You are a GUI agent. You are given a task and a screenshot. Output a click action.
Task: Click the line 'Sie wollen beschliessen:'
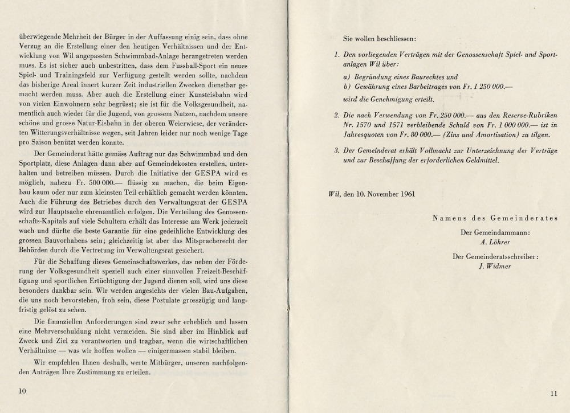[380, 39]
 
